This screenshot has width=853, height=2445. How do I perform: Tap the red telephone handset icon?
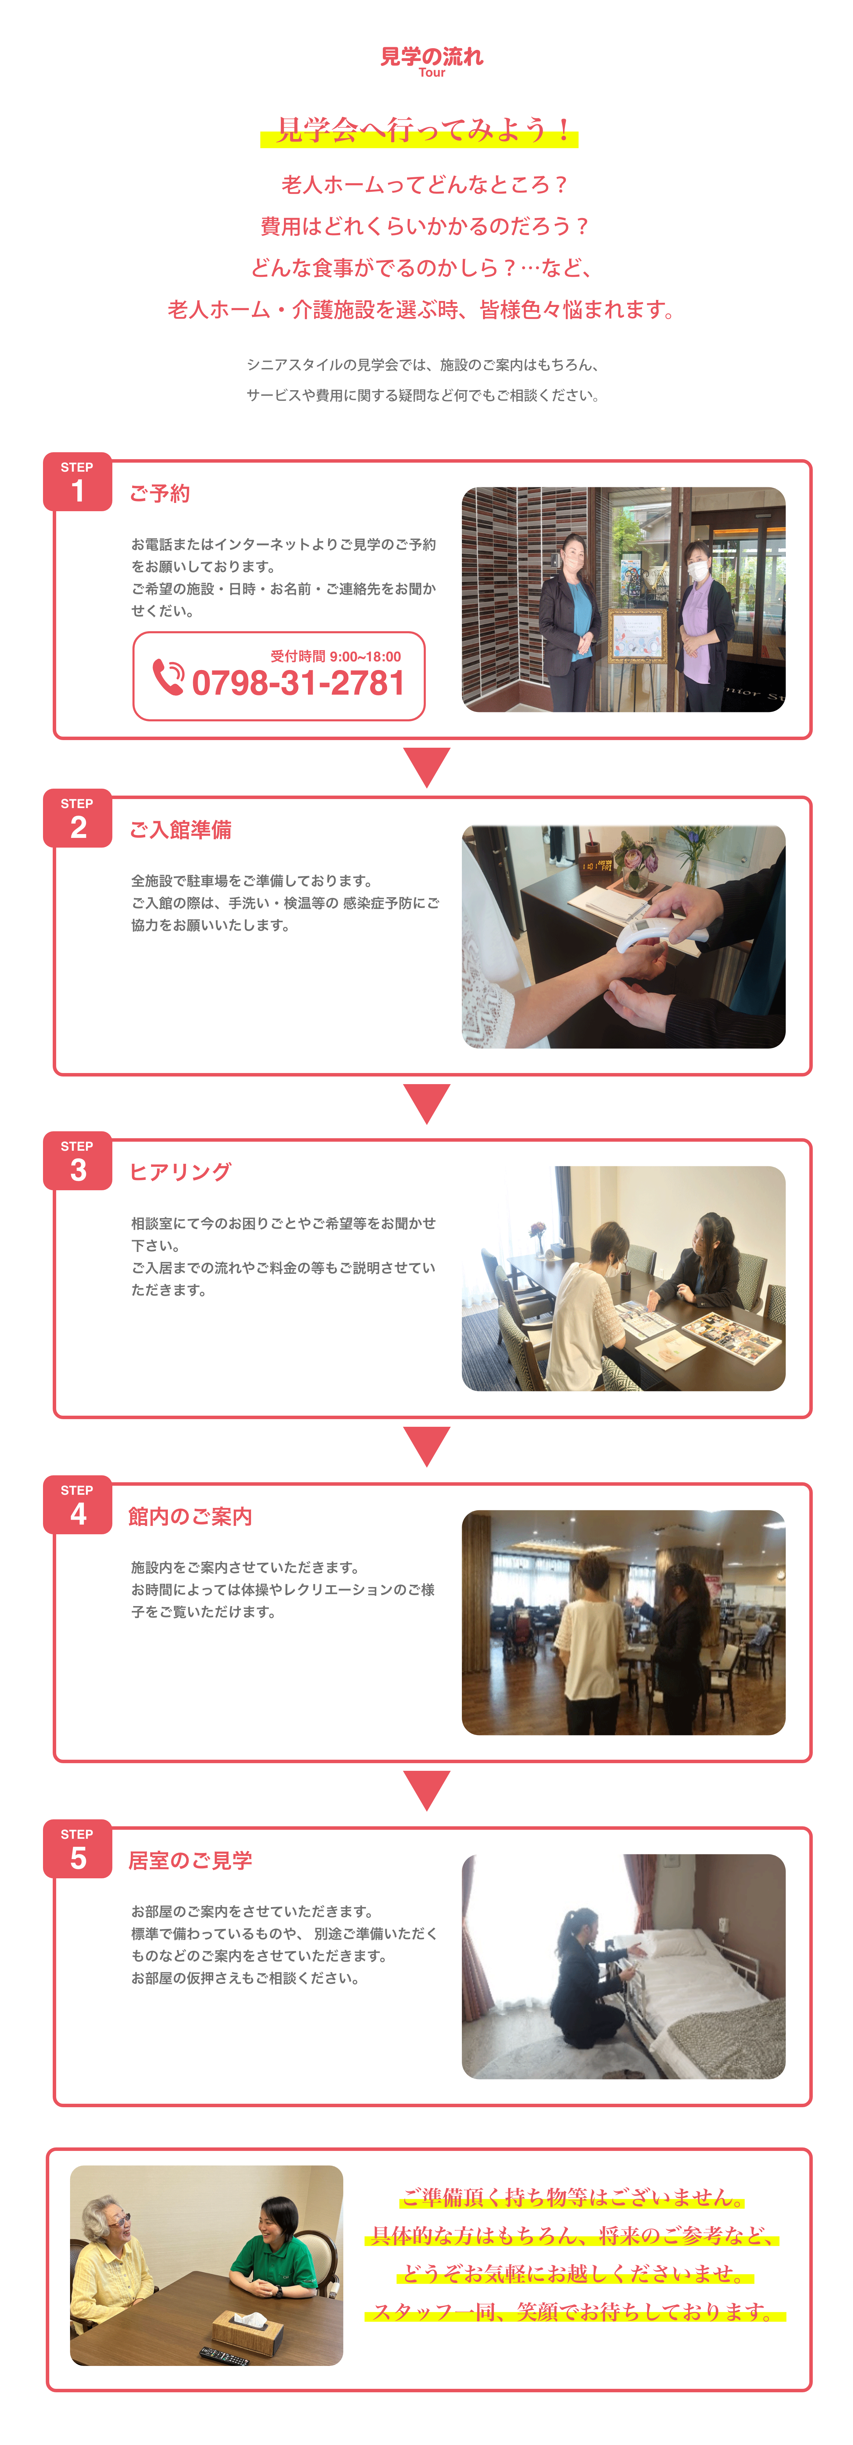(168, 677)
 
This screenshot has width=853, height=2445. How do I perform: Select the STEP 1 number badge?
(78, 482)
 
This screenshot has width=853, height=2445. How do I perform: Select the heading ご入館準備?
(180, 830)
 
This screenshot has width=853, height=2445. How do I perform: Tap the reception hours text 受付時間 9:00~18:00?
(336, 656)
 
